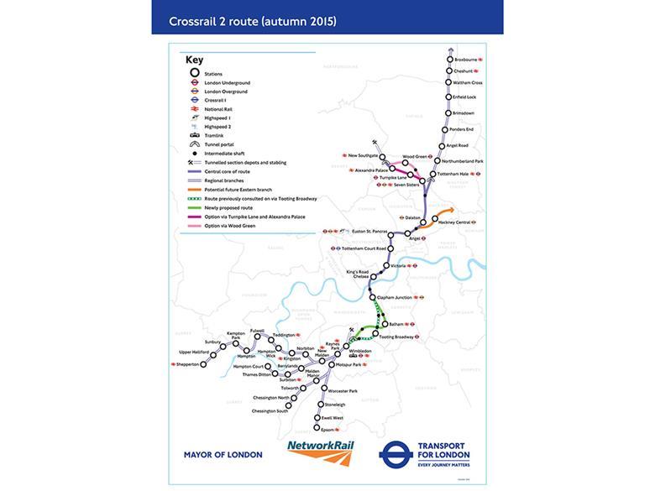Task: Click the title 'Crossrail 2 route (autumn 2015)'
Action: pos(253,20)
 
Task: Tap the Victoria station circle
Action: pos(385,266)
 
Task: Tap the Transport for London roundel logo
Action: pos(392,455)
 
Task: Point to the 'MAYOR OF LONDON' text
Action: pos(223,455)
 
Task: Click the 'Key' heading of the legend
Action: pos(194,60)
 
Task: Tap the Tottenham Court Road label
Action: pos(364,248)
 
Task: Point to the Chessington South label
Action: pos(270,411)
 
